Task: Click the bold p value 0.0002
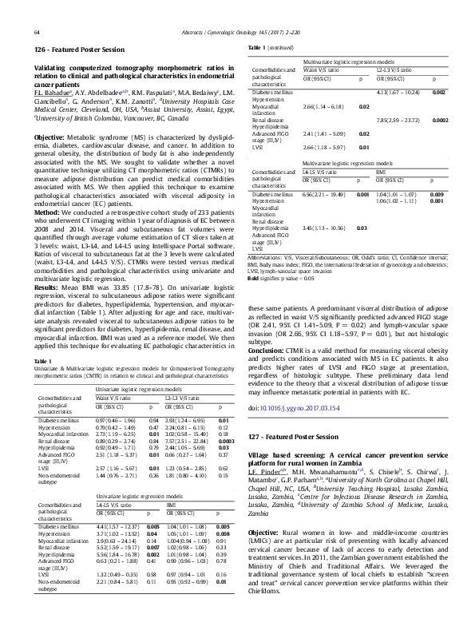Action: [439, 120]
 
